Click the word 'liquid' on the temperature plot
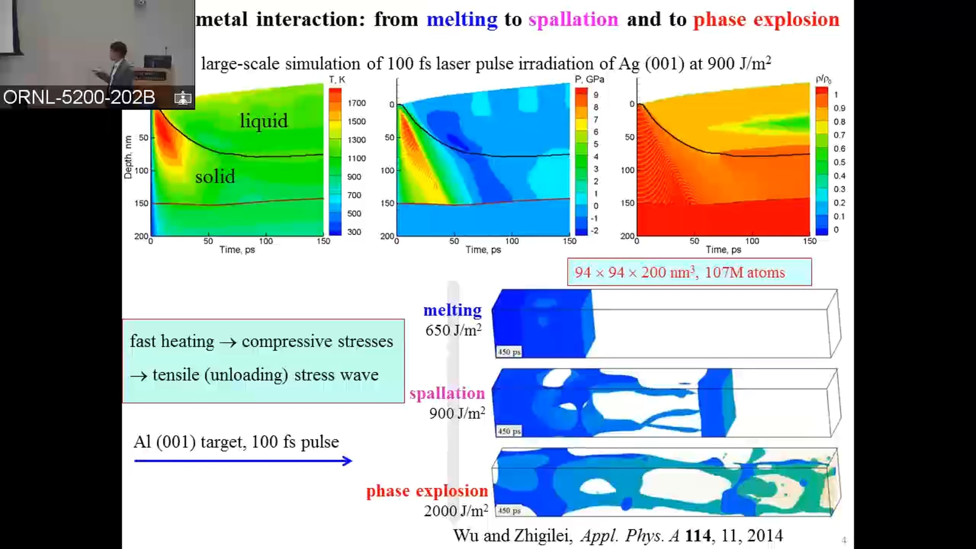(264, 121)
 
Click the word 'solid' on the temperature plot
(215, 176)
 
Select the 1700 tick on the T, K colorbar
(356, 103)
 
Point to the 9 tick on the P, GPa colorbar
(596, 95)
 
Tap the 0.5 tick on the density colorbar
(839, 162)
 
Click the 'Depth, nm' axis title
(128, 157)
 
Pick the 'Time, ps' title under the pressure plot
(483, 250)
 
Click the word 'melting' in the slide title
(462, 20)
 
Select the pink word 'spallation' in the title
(573, 20)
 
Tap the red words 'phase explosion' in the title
(766, 20)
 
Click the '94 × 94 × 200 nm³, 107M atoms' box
(689, 272)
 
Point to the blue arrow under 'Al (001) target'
(243, 461)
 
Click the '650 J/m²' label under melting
(453, 330)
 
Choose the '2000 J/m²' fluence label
(455, 511)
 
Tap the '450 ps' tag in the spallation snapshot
(509, 431)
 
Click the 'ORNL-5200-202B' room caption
(79, 97)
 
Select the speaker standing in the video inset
(118, 65)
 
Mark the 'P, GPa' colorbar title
(589, 80)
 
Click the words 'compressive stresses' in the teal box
(317, 341)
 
